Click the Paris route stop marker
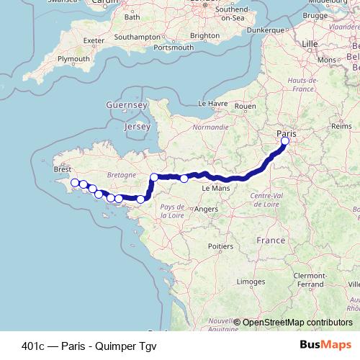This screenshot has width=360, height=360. tap(285, 141)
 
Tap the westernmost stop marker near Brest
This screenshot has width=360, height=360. tap(74, 183)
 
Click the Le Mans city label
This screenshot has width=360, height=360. tap(215, 188)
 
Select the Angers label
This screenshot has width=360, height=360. tap(206, 209)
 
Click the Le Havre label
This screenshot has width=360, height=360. tap(212, 104)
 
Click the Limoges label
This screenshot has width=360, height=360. tap(250, 281)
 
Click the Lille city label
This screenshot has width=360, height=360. tap(310, 44)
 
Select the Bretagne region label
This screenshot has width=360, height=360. tap(122, 175)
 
